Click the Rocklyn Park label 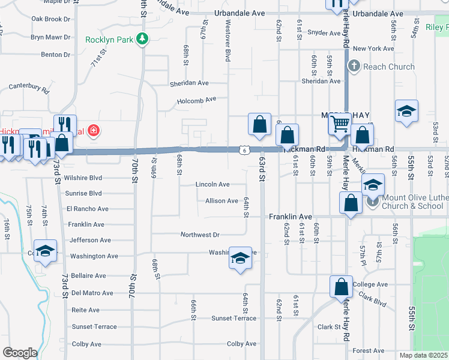pyautogui.click(x=109, y=40)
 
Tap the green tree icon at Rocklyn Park pyautogui.click(x=142, y=40)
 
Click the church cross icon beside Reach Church pyautogui.click(x=354, y=66)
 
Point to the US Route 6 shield pyautogui.click(x=243, y=150)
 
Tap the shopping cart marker pyautogui.click(x=340, y=124)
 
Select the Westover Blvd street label pyautogui.click(x=228, y=42)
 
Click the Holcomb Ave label pyautogui.click(x=196, y=100)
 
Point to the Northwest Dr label pyautogui.click(x=200, y=235)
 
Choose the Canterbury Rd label pyautogui.click(x=29, y=88)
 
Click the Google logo pyautogui.click(x=20, y=352)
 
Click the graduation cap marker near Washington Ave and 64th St pyautogui.click(x=240, y=259)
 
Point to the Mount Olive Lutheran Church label pyautogui.click(x=414, y=201)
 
